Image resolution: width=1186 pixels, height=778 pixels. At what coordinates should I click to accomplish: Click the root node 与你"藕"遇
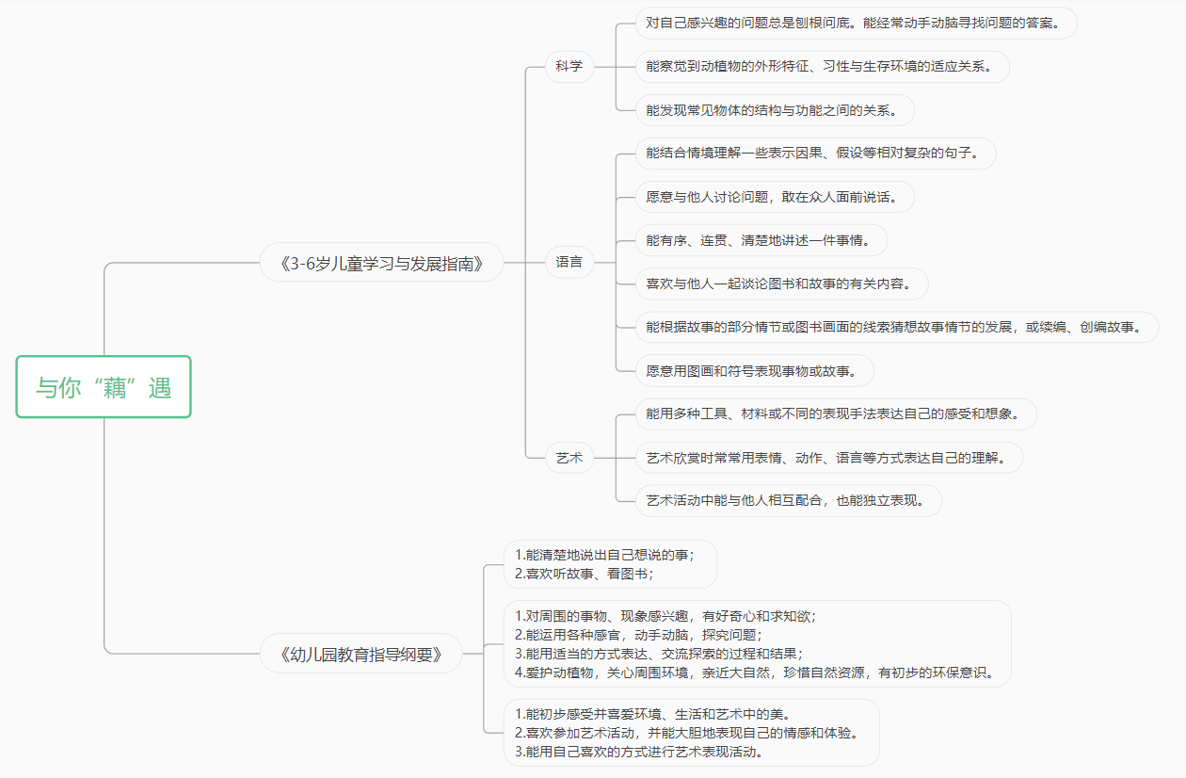coord(104,387)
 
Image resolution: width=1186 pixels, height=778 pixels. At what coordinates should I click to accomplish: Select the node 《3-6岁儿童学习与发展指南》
coord(381,263)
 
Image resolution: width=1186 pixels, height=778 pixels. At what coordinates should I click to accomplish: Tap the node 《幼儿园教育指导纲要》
coord(361,654)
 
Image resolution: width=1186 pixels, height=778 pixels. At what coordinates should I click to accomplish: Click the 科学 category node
coord(569,66)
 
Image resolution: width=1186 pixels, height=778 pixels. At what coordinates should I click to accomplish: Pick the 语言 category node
coord(569,262)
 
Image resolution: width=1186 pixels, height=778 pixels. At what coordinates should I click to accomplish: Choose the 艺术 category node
coord(569,458)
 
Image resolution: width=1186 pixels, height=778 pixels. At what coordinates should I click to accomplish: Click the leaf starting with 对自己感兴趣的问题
coord(857,23)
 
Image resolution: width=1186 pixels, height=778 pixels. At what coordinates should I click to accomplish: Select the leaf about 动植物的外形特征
coord(823,66)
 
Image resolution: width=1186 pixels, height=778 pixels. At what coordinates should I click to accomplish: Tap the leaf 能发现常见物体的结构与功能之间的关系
coord(775,110)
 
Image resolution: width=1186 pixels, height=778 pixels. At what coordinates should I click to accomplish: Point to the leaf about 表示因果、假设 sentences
coord(815,154)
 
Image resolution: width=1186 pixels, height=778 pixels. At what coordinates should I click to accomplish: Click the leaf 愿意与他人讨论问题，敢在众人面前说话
coord(775,197)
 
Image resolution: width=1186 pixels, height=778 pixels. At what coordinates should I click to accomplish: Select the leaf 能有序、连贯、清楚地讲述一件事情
coord(761,240)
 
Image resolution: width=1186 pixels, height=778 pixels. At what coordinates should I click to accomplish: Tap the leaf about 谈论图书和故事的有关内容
coord(781,284)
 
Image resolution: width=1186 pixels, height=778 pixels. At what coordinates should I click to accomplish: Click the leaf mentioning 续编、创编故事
coord(897,327)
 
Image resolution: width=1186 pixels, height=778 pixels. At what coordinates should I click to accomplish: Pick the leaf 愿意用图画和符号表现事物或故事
coord(755,371)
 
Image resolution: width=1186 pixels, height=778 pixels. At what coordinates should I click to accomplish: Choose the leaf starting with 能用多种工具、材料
coord(836,413)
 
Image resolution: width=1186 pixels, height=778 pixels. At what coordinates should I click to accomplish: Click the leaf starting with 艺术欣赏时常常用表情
coord(829,458)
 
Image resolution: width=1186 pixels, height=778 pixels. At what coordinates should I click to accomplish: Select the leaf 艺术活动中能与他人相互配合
coord(789,501)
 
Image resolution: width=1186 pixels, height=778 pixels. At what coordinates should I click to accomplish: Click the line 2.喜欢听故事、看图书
coord(585,574)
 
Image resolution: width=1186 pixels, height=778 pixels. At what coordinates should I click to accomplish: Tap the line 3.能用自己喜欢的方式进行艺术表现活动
coord(638,752)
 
